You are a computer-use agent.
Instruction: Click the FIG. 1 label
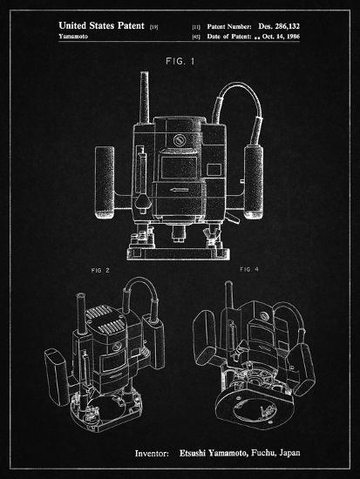[x=180, y=62]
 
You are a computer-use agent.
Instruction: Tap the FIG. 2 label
[x=100, y=270]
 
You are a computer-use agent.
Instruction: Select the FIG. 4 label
[x=249, y=269]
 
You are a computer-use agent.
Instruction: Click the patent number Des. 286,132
[x=279, y=26]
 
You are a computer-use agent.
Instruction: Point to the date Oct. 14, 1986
[x=281, y=37]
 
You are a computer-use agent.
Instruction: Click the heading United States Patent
[x=101, y=25]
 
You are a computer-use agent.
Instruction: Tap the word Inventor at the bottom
[x=152, y=454]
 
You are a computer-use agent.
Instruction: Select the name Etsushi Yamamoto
[x=213, y=453]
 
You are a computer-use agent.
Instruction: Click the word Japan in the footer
[x=289, y=453]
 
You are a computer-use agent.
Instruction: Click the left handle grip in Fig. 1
[x=105, y=182]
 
